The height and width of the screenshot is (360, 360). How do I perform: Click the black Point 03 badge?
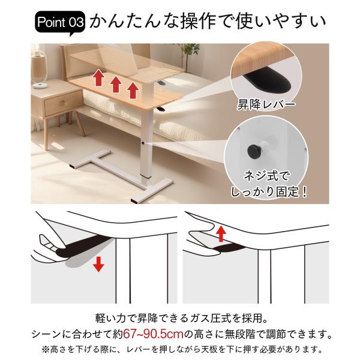pos(60,23)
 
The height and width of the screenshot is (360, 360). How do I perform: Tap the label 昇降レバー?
pos(266,104)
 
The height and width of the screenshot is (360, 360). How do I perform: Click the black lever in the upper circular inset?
pos(268,82)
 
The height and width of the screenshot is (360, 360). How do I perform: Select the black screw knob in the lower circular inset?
pos(253,151)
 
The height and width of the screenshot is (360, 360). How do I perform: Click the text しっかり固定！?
pos(269,192)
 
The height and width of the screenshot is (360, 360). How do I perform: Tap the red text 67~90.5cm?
pos(154,334)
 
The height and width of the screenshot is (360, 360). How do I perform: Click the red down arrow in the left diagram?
pos(99,264)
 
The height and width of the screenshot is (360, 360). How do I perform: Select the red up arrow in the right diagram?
pos(221,233)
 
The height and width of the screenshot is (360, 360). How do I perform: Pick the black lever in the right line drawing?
pos(229,248)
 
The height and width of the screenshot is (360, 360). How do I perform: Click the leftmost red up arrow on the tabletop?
pos(99,78)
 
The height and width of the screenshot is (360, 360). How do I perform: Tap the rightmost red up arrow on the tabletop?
pos(133,91)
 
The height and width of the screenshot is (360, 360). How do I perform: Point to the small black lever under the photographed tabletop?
pos(161,109)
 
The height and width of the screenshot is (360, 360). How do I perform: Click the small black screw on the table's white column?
pos(143,143)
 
